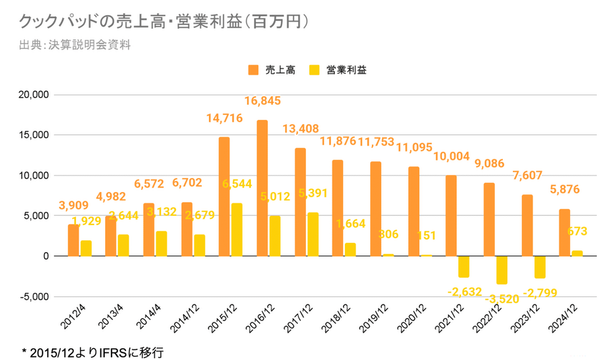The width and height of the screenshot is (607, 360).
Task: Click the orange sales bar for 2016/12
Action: pos(262,188)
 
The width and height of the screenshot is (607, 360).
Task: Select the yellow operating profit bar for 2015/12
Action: pos(237,230)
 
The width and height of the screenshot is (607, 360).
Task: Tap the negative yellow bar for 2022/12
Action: pos(502,270)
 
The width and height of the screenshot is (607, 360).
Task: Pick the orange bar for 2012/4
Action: pos(73,240)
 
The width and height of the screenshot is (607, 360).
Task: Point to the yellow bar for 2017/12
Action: pos(312,234)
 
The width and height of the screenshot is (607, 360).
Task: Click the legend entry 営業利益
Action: pos(339,70)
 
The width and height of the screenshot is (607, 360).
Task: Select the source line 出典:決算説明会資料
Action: pos(75,45)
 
